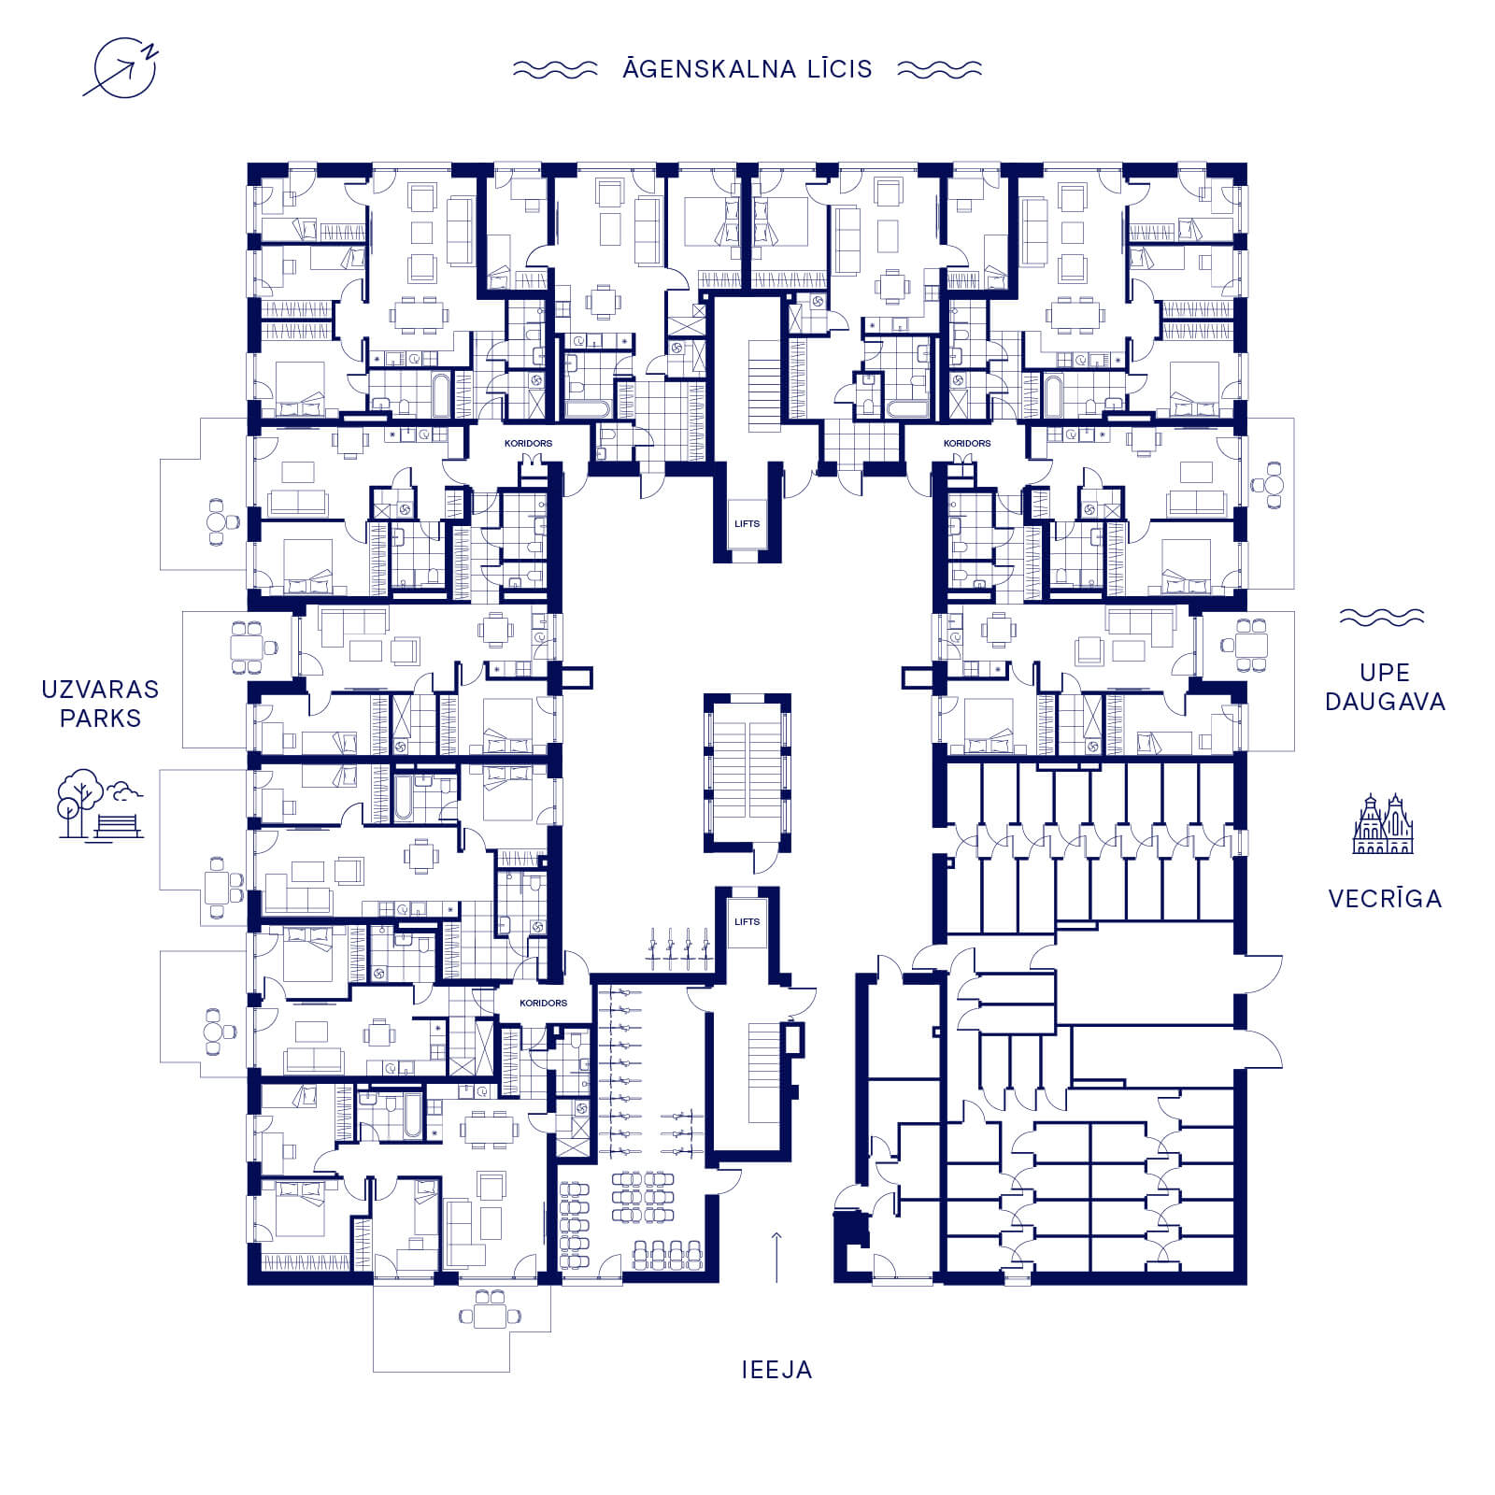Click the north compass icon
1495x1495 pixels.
[122, 67]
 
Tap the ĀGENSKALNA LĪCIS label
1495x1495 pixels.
[747, 68]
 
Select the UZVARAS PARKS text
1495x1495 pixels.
[100, 704]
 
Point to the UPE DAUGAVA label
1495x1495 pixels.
[1385, 687]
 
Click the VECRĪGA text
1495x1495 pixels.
[1385, 899]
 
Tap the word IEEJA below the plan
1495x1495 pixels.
[776, 1370]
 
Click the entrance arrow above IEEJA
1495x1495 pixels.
[776, 1258]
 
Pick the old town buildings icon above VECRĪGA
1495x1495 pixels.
[1383, 823]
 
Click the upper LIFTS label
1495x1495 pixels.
[747, 524]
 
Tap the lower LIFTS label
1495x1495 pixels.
[747, 922]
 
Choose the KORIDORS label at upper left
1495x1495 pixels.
[528, 443]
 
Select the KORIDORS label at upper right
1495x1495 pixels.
[967, 443]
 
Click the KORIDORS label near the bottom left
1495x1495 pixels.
[543, 1003]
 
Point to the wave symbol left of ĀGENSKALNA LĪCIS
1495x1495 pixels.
[555, 69]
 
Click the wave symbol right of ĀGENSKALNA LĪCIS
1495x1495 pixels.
[939, 69]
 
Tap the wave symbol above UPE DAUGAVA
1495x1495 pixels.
[1382, 618]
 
